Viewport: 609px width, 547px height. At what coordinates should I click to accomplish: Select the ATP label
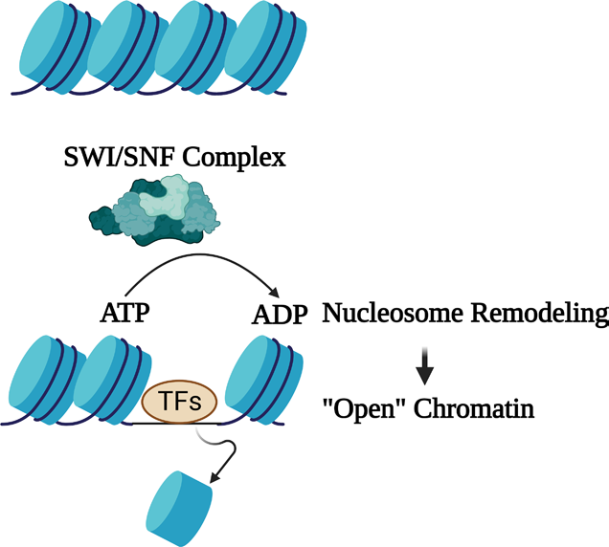coord(124,314)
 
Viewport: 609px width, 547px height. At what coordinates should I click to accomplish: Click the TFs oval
coord(179,403)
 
